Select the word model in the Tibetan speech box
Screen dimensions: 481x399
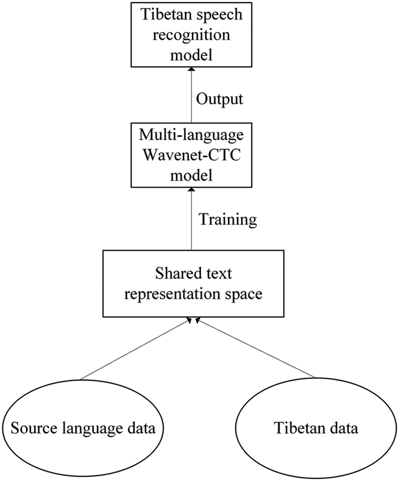190,52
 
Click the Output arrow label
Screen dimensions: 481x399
219,99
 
